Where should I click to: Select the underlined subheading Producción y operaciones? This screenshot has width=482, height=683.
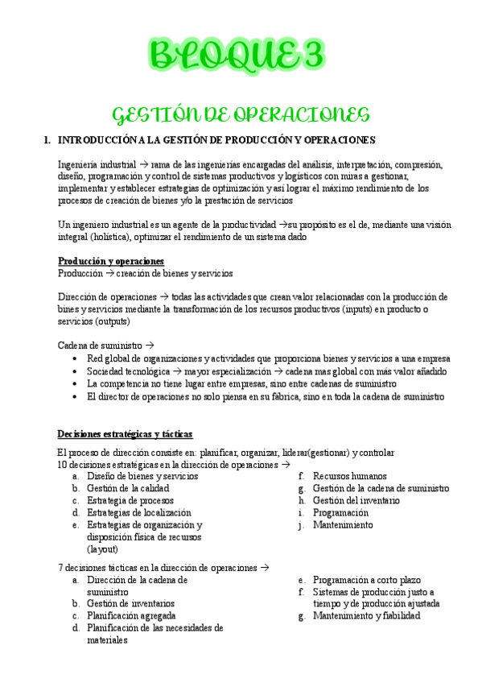click(x=111, y=261)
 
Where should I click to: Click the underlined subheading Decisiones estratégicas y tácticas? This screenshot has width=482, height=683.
click(x=125, y=434)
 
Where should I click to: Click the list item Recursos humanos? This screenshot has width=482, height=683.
click(x=349, y=476)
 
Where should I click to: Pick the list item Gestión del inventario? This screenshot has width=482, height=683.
click(x=356, y=500)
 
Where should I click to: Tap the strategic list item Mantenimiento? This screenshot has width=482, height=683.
click(x=342, y=524)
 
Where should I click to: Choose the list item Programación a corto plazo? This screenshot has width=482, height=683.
click(x=366, y=579)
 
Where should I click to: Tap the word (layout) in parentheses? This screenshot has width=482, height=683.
click(x=102, y=549)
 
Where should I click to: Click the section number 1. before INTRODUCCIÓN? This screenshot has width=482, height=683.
click(x=47, y=140)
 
